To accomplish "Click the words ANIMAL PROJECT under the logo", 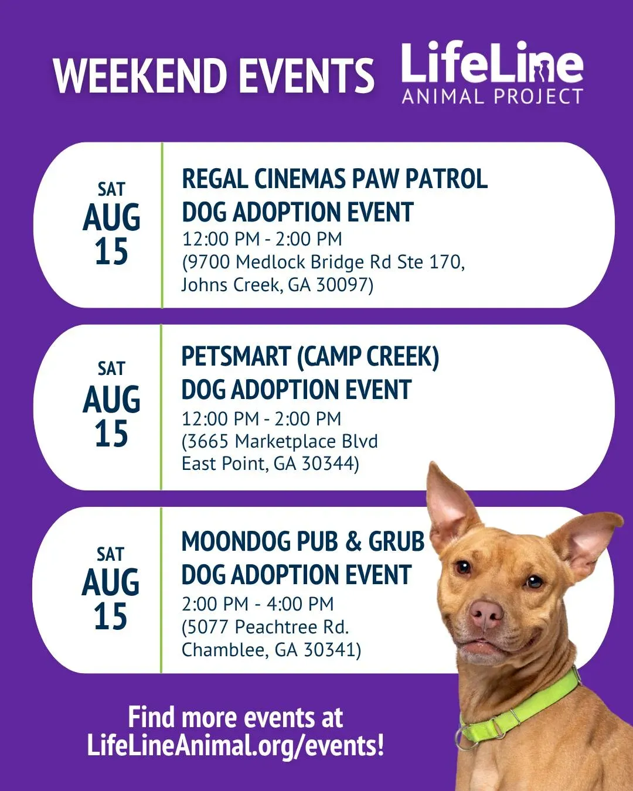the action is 492,96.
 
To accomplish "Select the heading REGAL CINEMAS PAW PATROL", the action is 335,179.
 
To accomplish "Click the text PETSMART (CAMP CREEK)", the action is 311,357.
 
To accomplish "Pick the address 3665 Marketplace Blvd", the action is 283,441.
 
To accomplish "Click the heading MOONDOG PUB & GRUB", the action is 303,541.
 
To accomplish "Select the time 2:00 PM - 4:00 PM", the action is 258,604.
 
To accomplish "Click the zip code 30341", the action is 329,649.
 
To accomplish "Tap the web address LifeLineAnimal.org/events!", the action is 236,746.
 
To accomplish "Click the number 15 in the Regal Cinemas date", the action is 111,251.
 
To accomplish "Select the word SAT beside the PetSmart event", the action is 111,369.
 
